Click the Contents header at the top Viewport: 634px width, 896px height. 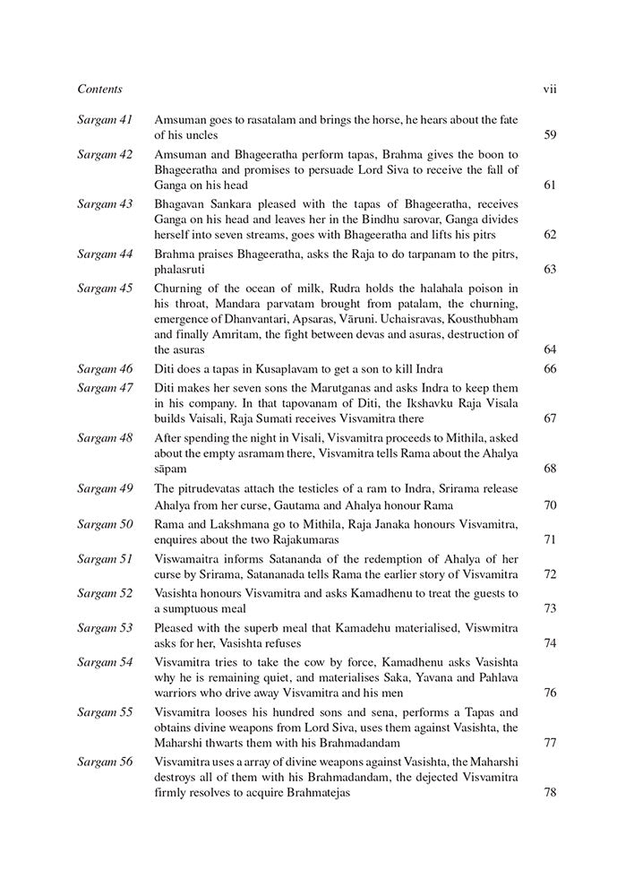click(x=99, y=89)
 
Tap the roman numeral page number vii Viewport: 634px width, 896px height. click(x=550, y=89)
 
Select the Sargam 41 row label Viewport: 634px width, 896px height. click(x=105, y=119)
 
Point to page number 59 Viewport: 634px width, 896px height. click(x=550, y=135)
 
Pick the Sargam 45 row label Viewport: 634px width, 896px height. click(x=105, y=288)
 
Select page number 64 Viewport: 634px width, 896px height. click(x=550, y=350)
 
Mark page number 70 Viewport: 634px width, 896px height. click(x=550, y=504)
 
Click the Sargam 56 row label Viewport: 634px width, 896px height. click(x=105, y=761)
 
